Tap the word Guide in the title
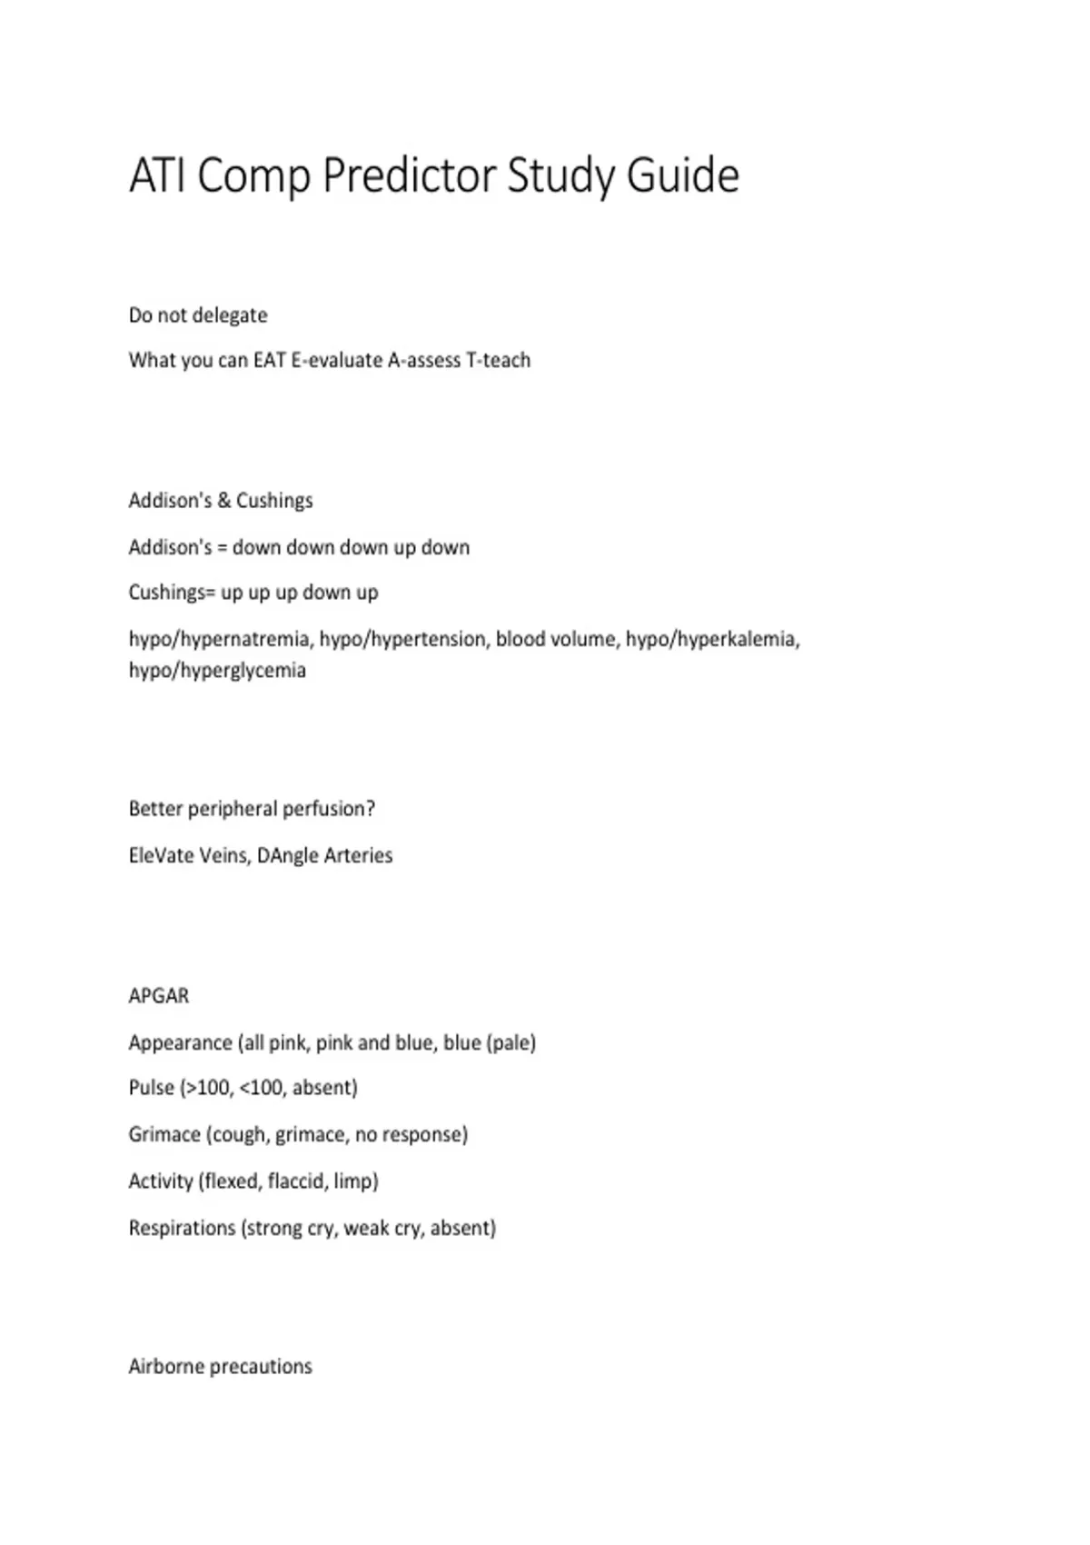[x=682, y=175]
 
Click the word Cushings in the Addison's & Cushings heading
[x=274, y=501]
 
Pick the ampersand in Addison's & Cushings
[x=223, y=501]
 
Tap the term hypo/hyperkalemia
[x=712, y=639]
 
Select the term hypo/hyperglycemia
[x=217, y=671]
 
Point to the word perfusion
[x=328, y=809]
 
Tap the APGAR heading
[x=159, y=996]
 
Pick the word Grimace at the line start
[x=164, y=1134]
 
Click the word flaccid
[x=296, y=1181]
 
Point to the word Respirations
[x=182, y=1228]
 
